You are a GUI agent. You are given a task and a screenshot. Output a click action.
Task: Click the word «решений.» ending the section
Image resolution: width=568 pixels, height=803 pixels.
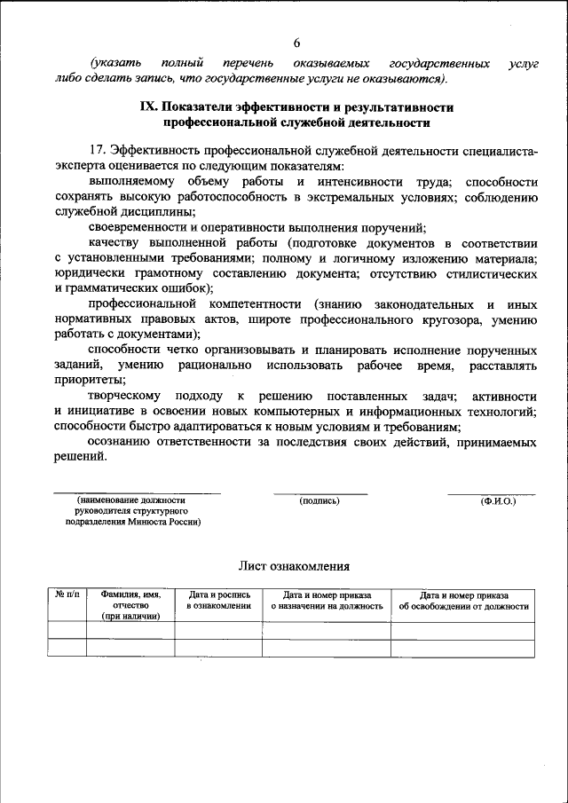point(80,457)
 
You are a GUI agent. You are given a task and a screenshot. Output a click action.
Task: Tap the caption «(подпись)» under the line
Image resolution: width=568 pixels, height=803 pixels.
point(320,500)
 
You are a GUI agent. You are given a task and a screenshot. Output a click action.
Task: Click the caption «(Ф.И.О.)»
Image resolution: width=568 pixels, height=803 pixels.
point(498,500)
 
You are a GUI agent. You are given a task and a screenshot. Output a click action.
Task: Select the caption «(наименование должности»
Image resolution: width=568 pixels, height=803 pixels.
point(130,500)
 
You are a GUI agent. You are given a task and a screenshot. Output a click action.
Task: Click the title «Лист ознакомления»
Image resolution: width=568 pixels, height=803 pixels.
point(294,565)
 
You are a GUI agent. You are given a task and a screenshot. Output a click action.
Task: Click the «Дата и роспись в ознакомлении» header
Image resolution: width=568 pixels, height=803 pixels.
point(218,601)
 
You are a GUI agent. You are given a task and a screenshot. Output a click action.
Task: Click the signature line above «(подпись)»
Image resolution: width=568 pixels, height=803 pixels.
point(320,493)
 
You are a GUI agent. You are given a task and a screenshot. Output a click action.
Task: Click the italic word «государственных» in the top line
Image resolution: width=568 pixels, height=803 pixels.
point(440,64)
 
